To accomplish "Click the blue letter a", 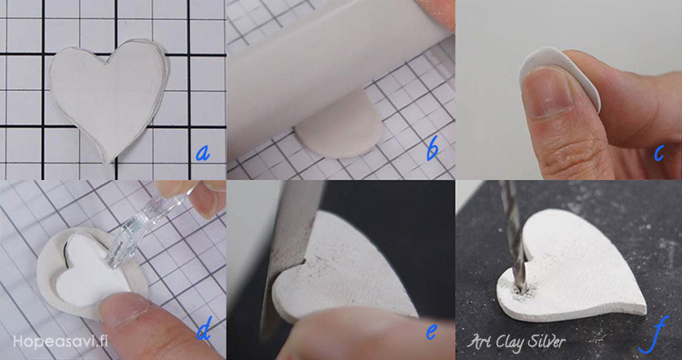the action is [x=203, y=153].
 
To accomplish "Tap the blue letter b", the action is [x=432, y=150].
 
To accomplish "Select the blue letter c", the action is [x=659, y=153].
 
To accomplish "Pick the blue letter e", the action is [x=431, y=332].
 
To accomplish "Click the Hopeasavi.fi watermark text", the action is [x=60, y=341].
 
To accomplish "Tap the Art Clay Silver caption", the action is [x=517, y=341].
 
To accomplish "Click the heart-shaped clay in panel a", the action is [x=109, y=95].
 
